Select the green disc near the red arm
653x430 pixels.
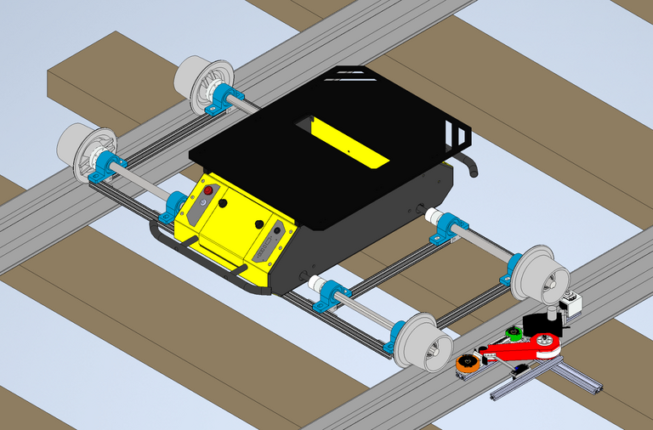(x=512, y=332)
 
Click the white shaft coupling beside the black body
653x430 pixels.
(x=316, y=285)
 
